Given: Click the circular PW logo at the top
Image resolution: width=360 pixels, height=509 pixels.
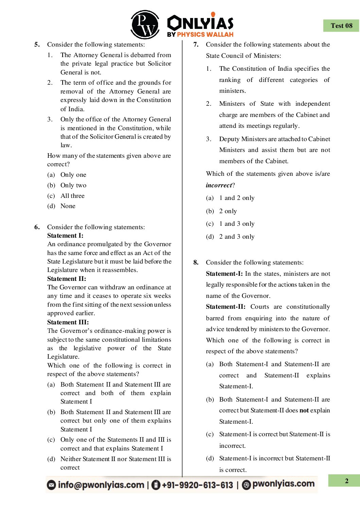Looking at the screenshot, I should pos(145,24).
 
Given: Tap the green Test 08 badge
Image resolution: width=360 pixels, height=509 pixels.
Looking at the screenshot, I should pos(341,26).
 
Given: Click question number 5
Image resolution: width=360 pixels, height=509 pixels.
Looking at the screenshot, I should pos(37,45).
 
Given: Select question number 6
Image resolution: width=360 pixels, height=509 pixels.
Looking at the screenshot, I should pos(37,227).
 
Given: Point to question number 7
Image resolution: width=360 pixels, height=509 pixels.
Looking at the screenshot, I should pos(196,45).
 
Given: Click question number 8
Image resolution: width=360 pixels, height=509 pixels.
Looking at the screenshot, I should pos(196,262).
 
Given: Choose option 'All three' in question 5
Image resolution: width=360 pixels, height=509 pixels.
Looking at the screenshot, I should pos(72,196).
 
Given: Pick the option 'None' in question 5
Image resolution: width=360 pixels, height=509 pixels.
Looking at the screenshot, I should pos(68,206).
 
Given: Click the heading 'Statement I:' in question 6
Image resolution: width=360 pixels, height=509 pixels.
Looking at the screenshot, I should pos(65,236).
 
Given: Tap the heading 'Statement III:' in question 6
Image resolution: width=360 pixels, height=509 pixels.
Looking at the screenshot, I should pos(68,322).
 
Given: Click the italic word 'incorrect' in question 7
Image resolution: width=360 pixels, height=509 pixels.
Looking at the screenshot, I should pos(219,185).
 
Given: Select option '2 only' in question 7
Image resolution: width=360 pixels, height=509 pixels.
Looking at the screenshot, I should pos(228,211).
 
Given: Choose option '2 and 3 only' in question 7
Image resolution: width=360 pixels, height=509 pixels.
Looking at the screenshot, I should pos(237,237).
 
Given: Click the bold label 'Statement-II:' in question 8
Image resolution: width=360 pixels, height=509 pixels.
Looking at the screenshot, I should pos(226,307).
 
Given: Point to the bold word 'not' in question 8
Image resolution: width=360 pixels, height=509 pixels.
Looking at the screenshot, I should pos(304,410).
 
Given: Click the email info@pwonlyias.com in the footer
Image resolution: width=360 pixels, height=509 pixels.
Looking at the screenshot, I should pos(101,485).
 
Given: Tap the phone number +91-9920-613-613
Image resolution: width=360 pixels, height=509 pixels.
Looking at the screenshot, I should pos(197,485).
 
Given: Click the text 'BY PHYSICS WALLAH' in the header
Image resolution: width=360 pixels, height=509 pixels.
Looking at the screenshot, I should pos(200,34).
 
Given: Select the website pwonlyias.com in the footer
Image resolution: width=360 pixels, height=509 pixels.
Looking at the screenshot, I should pos(283,484).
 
